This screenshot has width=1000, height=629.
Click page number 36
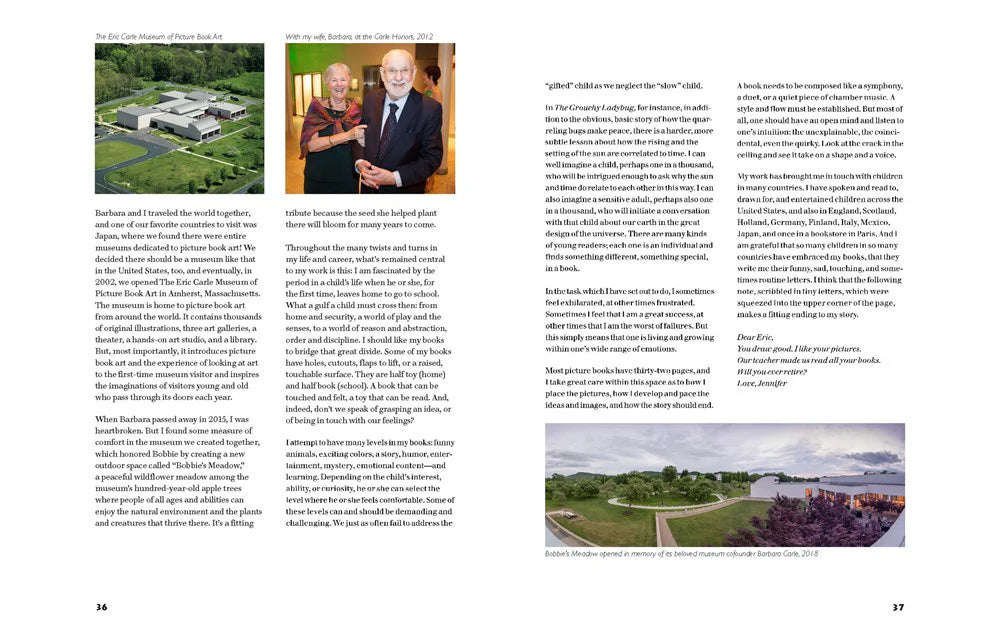click(x=101, y=607)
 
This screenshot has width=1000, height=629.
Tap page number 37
click(x=897, y=607)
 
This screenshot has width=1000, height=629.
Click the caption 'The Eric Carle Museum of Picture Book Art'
click(x=158, y=36)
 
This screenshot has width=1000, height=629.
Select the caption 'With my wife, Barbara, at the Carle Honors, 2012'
click(x=359, y=36)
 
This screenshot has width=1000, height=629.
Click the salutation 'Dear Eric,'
click(x=756, y=337)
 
